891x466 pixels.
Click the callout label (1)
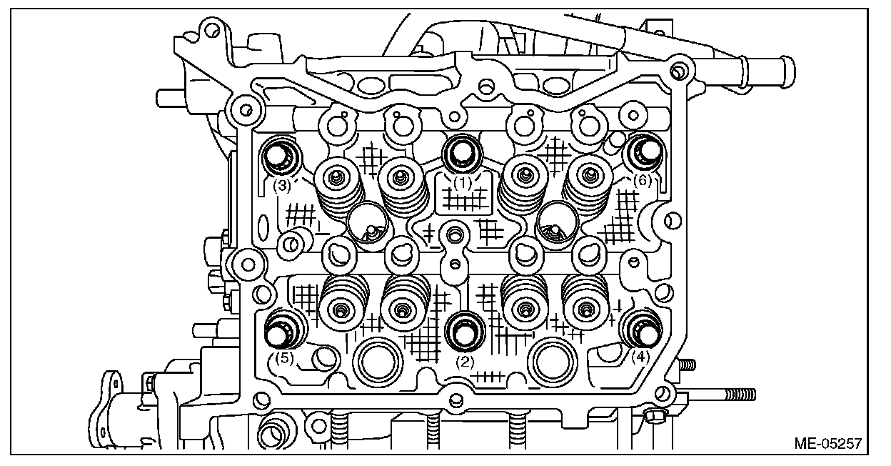(464, 183)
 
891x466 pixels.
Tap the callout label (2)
(465, 362)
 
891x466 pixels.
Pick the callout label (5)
(284, 358)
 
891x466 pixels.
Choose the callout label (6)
(643, 182)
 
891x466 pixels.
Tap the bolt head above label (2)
(465, 331)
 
